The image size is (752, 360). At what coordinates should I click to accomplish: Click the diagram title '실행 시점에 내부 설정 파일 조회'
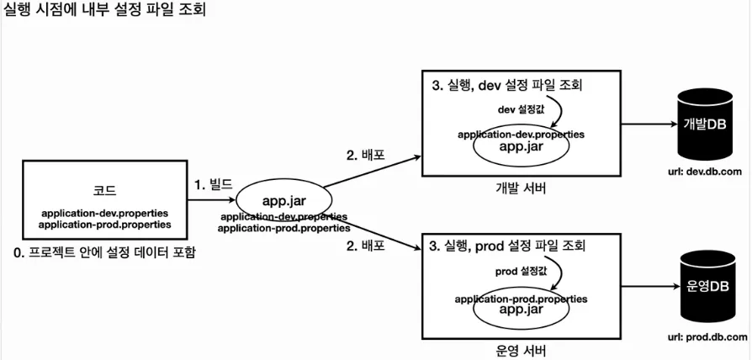click(x=104, y=10)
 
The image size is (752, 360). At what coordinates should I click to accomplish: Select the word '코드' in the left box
click(x=105, y=191)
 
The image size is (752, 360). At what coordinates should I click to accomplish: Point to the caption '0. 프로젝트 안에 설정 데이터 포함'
click(x=105, y=252)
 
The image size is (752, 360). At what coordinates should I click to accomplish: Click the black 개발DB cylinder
click(x=704, y=125)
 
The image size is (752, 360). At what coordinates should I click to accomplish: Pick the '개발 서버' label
click(x=521, y=188)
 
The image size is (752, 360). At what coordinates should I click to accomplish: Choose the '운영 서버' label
click(x=521, y=350)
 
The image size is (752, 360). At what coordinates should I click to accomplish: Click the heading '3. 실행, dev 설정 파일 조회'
click(x=507, y=87)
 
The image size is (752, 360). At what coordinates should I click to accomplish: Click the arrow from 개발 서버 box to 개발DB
click(x=649, y=124)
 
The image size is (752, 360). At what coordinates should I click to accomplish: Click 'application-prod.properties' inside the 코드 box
click(x=105, y=225)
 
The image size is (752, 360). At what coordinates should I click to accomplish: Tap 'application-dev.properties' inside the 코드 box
click(x=105, y=213)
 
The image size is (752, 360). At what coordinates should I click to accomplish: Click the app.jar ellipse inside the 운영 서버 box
click(x=522, y=309)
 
